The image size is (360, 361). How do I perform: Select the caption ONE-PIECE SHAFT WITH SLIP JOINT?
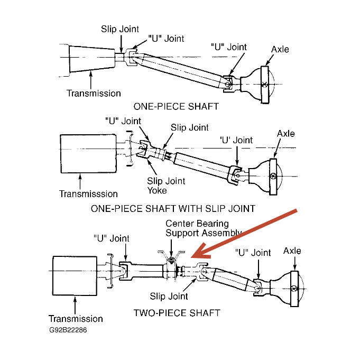tap(173, 208)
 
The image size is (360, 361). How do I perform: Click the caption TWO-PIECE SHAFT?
tap(177, 312)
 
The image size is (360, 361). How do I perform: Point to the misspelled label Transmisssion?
tap(88, 194)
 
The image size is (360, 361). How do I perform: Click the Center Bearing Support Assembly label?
tap(204, 228)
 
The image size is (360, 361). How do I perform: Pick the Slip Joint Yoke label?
tap(167, 186)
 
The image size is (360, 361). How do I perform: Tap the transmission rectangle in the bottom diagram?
tap(75, 276)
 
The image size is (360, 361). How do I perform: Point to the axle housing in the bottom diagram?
tap(288, 285)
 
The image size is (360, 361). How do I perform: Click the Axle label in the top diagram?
tap(280, 49)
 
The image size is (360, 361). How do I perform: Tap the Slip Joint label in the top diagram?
tap(120, 29)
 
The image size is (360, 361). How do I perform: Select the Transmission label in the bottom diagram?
tap(76, 319)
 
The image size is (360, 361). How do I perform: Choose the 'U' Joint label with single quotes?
tap(236, 141)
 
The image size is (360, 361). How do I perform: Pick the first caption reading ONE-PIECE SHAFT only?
tap(176, 106)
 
